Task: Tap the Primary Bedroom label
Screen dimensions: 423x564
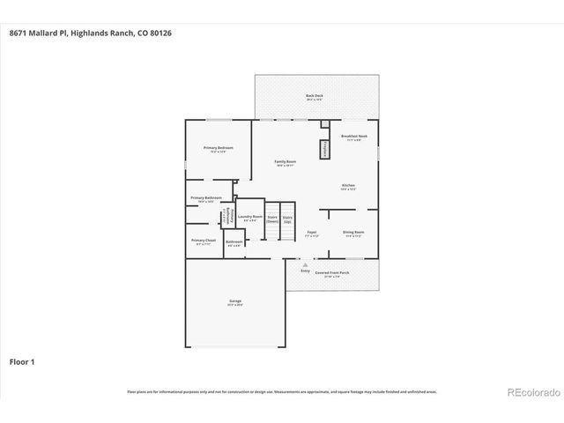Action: coord(218,149)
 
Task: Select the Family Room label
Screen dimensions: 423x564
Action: coord(285,163)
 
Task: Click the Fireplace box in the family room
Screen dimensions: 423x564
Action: coord(324,148)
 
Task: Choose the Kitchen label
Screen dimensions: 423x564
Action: coord(349,187)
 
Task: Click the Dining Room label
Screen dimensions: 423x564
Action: coord(355,234)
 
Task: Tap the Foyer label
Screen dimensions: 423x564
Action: coord(311,234)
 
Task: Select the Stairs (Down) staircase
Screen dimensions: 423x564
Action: coord(272,219)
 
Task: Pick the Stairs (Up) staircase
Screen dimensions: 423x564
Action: coord(287,219)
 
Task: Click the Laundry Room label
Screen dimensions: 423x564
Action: coord(249,218)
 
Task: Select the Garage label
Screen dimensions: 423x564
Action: coord(235,302)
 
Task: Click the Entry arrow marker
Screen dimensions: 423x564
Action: coord(305,263)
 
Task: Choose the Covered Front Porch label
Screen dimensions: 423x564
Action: coord(331,274)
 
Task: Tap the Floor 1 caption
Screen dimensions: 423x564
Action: coord(24,361)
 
